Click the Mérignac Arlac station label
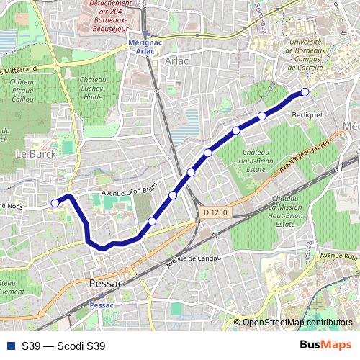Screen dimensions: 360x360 147,46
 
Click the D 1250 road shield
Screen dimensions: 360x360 215,212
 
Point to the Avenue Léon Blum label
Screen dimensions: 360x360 128,191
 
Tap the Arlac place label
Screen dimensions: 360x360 176,61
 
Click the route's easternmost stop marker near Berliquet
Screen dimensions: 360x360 305,91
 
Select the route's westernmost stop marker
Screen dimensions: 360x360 55,203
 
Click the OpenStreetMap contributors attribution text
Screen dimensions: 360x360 297,323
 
